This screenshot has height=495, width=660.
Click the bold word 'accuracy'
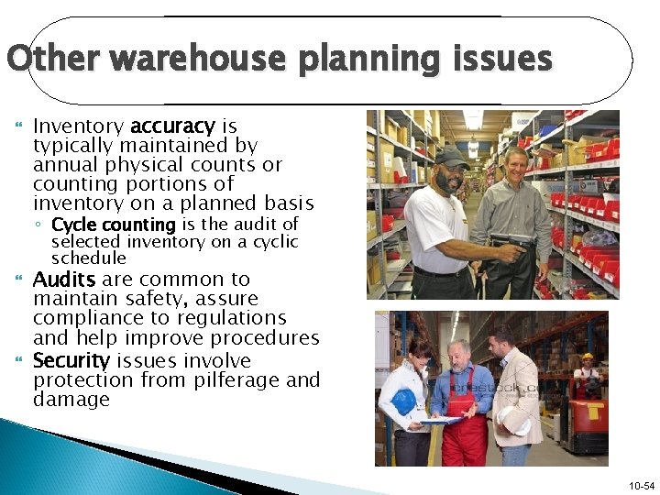point(172,126)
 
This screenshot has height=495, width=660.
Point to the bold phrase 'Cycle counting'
point(114,225)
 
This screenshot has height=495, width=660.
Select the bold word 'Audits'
point(65,279)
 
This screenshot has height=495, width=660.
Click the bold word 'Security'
point(71,359)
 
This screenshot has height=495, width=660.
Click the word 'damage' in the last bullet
point(71,400)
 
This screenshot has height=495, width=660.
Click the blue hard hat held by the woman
point(404,402)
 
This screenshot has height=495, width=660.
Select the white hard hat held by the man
point(518,421)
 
